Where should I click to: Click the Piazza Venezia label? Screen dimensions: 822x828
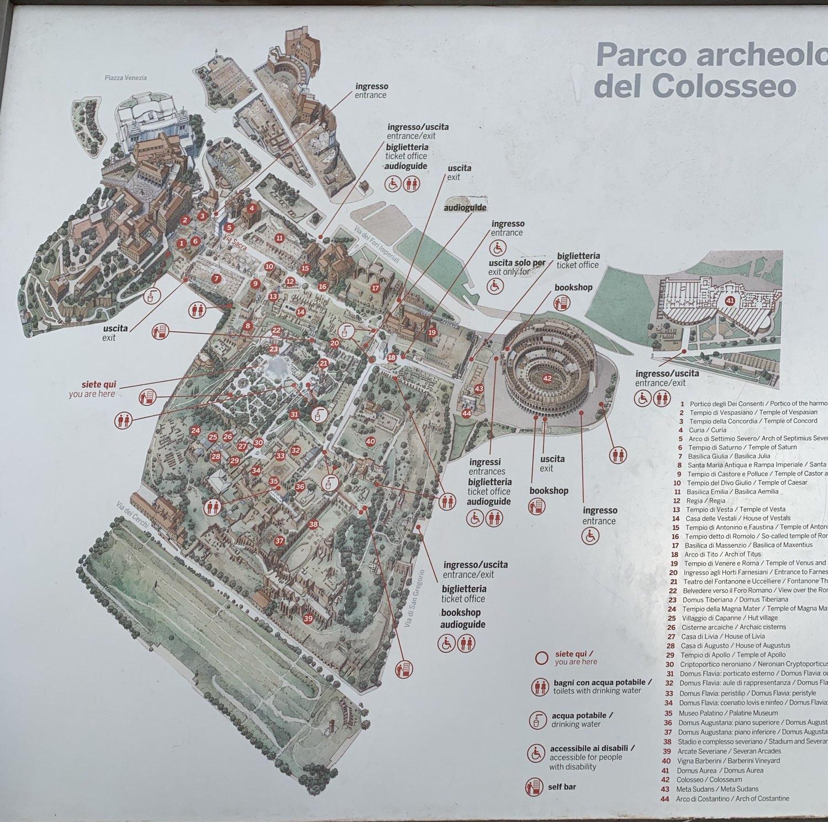point(125,78)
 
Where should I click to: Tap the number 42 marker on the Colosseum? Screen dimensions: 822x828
point(547,378)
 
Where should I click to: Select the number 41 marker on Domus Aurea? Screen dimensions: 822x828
point(729,301)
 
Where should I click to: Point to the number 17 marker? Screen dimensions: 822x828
point(376,288)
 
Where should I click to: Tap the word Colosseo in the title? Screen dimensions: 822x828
point(724,86)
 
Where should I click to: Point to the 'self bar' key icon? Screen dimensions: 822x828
point(535,786)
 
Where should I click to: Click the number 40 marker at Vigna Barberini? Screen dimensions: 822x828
point(370,441)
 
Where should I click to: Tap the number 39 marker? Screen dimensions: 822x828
point(308,618)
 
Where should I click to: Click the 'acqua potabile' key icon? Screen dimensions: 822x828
point(535,720)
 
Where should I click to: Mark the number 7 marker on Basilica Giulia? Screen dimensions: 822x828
point(216,279)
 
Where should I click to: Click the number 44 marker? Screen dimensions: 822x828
point(467,413)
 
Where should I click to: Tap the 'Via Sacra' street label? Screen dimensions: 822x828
point(236,243)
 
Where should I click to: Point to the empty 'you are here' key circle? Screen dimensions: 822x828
point(542,658)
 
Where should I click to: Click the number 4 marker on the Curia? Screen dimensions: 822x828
point(252,209)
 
